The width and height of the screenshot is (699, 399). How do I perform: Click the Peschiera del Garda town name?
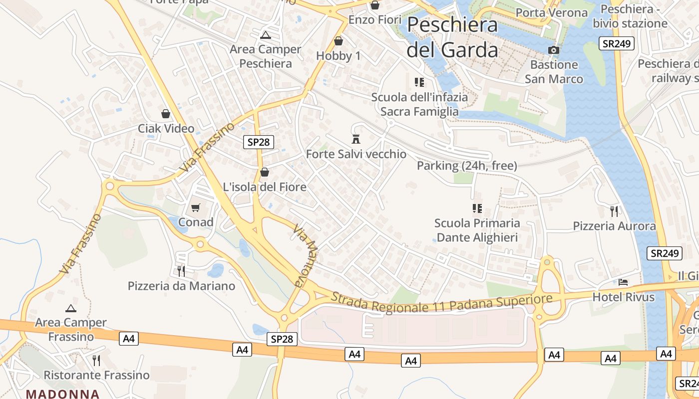(x=452, y=37)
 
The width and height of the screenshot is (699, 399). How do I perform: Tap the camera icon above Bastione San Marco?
(x=553, y=50)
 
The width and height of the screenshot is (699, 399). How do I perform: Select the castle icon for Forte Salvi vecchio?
(x=356, y=139)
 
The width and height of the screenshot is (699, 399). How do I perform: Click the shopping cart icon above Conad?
(x=196, y=207)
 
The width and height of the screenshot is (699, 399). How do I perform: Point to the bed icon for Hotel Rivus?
(x=623, y=282)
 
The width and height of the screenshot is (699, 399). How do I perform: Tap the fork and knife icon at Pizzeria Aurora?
(x=614, y=211)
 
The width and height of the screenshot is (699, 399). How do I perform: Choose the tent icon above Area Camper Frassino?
(x=71, y=308)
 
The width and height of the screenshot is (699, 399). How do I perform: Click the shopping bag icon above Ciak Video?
(x=166, y=114)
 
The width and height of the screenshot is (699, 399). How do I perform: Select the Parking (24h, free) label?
(x=467, y=166)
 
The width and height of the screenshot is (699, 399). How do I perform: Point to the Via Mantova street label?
(x=306, y=255)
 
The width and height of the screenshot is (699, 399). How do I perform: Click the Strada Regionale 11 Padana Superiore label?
(x=441, y=302)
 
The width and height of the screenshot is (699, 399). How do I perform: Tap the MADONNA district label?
(x=63, y=394)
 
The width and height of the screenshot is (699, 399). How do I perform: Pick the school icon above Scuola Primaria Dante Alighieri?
(x=477, y=208)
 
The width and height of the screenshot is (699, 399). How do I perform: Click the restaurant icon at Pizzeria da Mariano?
(x=181, y=271)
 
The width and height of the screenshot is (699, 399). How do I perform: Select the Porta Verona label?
(x=551, y=12)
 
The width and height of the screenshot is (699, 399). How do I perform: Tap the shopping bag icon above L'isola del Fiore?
(x=264, y=173)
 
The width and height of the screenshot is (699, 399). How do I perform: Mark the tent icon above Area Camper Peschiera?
(x=266, y=35)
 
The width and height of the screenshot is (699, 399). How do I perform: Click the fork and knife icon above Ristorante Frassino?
(x=96, y=360)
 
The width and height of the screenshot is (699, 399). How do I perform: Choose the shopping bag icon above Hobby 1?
(x=339, y=41)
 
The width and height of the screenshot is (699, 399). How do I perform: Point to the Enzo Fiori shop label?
(x=375, y=20)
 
